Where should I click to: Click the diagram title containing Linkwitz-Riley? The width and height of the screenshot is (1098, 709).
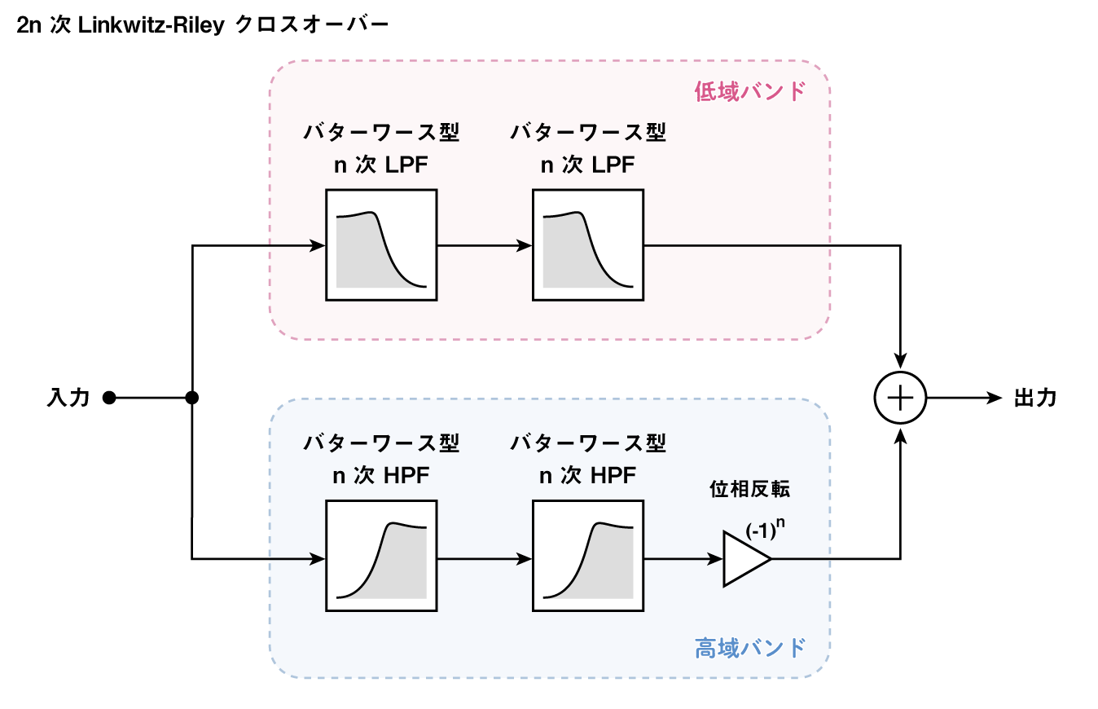202,25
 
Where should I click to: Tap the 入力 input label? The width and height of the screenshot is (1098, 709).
68,399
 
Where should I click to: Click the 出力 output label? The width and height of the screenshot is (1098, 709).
1034,399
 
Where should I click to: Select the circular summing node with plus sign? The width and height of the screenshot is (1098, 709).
900,399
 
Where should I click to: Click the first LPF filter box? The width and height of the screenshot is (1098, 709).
381,244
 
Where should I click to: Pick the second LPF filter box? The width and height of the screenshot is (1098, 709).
588,244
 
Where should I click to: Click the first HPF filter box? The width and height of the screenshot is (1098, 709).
381,556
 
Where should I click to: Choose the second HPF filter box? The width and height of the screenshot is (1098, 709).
588,556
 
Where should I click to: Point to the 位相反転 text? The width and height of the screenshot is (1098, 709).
749,490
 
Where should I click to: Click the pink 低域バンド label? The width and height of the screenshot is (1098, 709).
749,90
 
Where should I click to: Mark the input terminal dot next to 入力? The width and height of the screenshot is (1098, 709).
109,399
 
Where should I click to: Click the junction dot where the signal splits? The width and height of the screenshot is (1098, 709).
192,399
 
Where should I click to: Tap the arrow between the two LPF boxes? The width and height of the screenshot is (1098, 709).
485,244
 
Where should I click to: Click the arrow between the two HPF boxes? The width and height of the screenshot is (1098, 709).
485,559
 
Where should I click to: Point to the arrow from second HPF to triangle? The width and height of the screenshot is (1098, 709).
683,559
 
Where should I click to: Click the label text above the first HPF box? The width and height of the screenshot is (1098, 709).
381,459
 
